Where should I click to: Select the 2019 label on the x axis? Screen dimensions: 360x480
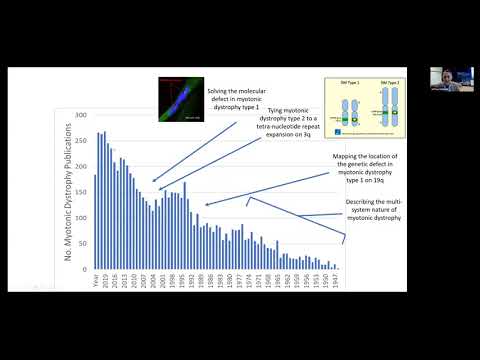coord(102,281)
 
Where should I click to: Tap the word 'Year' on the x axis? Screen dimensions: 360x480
coord(94,281)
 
